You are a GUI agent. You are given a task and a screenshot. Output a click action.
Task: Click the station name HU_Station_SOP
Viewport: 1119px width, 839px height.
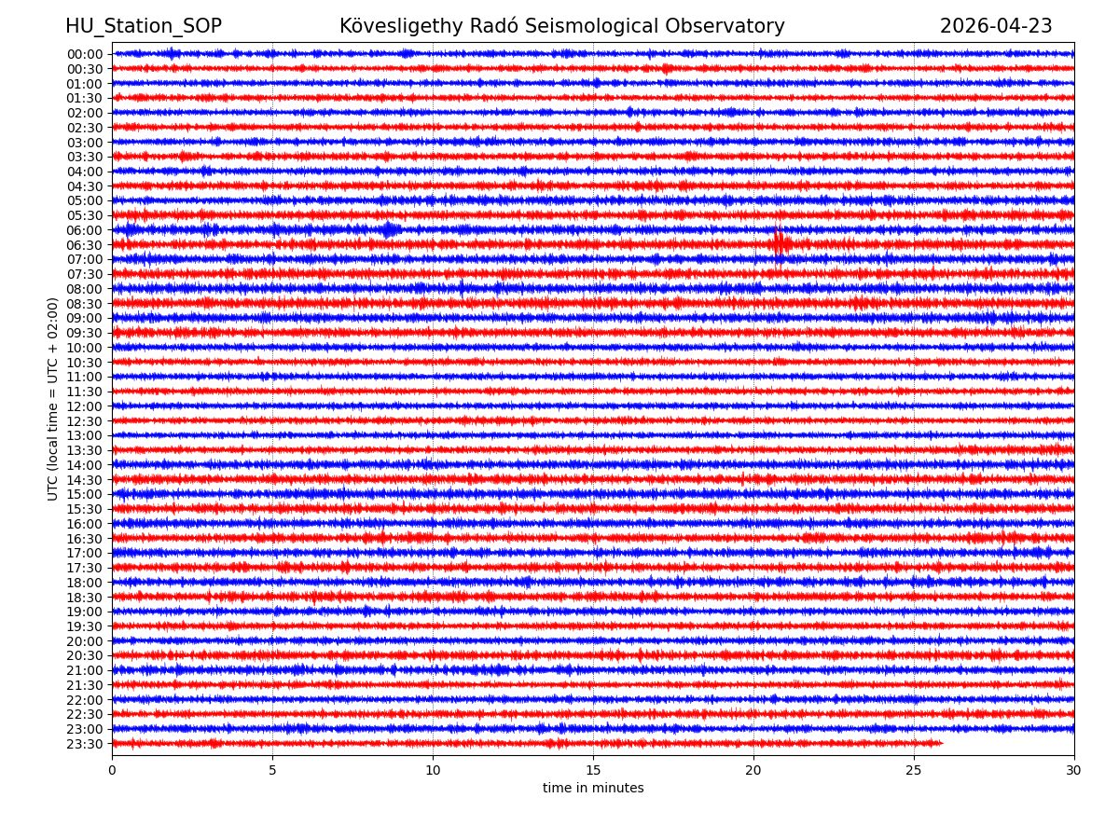pos(143,26)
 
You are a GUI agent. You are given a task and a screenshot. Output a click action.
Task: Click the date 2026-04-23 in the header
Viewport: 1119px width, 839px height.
pos(995,26)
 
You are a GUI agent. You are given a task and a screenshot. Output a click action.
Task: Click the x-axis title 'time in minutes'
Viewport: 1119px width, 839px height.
pos(593,789)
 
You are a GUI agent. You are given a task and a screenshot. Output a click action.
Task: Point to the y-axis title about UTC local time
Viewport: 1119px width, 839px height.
pos(54,398)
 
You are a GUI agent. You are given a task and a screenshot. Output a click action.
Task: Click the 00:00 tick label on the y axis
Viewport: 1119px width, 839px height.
pos(84,54)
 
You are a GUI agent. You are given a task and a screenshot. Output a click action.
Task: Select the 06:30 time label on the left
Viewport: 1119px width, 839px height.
pos(84,245)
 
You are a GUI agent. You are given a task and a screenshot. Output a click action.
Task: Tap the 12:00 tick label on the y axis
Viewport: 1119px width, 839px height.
pos(84,406)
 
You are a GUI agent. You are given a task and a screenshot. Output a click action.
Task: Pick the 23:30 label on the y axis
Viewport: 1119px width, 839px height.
pos(84,744)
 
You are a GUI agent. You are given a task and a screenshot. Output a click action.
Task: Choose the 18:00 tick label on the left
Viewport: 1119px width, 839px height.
pos(84,583)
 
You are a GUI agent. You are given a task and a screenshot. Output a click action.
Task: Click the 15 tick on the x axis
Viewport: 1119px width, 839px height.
pos(593,771)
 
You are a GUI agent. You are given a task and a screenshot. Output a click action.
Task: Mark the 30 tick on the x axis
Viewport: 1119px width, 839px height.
pos(1074,771)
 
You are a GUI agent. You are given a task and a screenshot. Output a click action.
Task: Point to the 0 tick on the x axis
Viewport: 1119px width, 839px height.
pos(112,771)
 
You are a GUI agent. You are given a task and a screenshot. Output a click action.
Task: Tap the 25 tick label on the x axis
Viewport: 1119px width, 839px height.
pos(914,771)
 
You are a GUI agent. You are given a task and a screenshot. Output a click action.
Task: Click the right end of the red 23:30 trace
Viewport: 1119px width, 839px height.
pos(942,743)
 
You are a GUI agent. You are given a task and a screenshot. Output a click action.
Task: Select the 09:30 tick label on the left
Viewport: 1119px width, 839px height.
pos(84,333)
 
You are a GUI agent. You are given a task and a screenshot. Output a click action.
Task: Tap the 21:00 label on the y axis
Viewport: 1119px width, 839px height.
pos(84,670)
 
